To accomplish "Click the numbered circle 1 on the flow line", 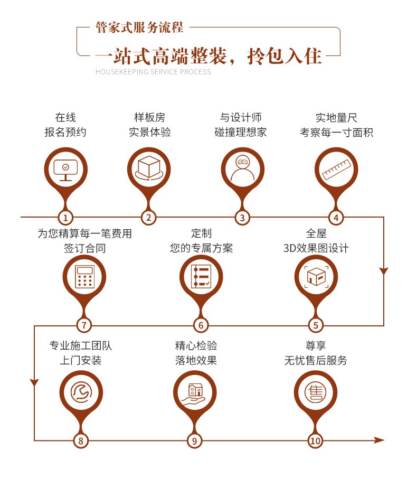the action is (x=65, y=217).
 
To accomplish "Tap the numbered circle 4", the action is (x=336, y=217).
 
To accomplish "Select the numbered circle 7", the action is (x=84, y=325).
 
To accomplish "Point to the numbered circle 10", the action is (x=315, y=440).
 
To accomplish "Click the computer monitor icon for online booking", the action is (x=65, y=170).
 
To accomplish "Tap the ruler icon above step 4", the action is (x=336, y=170).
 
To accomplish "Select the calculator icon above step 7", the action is (x=84, y=276).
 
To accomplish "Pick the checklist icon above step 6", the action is (x=201, y=276).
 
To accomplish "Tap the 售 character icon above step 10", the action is (x=316, y=392).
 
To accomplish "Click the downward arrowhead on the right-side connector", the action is (x=384, y=271).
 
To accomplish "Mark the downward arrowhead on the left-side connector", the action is (x=34, y=382).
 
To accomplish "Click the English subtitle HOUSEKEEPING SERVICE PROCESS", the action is (x=153, y=72).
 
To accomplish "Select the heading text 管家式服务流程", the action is (x=139, y=27).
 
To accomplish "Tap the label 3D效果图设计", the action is (x=316, y=248).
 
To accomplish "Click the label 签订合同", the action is (x=84, y=248).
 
